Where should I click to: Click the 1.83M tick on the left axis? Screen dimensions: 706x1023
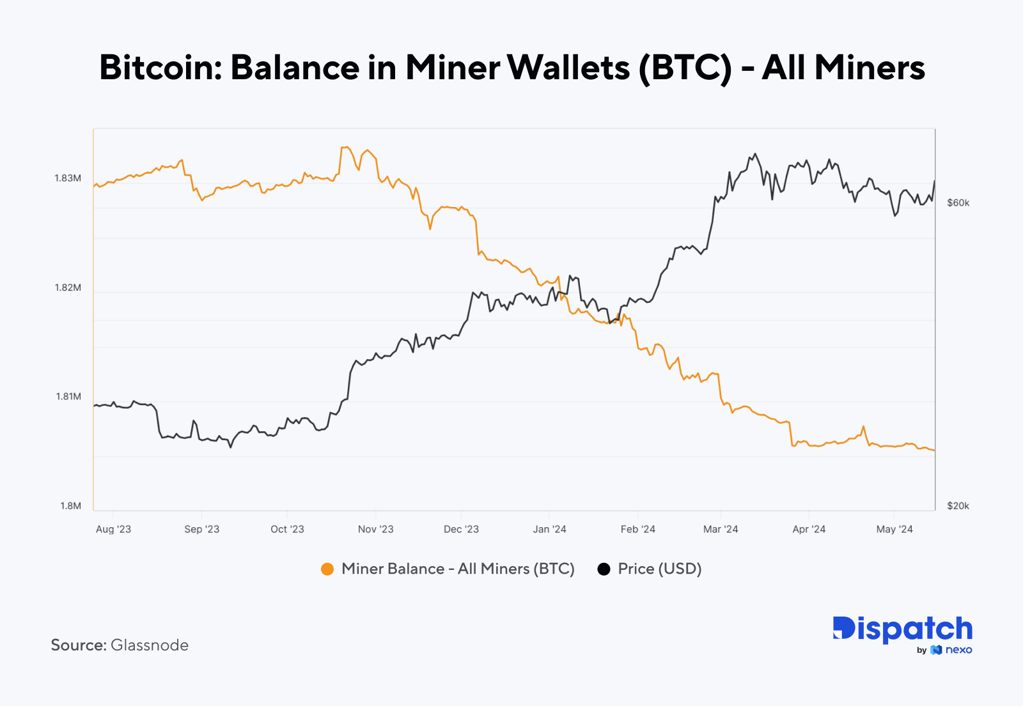68,178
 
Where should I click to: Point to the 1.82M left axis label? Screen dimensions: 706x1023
68,288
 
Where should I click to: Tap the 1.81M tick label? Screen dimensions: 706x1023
68,397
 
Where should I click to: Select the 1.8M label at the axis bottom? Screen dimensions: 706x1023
70,506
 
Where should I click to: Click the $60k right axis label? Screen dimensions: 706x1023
958,203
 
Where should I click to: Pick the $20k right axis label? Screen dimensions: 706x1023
958,506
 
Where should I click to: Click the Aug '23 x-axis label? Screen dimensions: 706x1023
113,529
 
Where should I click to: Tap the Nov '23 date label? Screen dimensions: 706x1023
375,529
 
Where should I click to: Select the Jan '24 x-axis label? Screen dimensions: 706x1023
549,529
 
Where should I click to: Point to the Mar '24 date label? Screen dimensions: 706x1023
721,529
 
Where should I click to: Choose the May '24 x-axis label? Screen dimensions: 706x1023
894,529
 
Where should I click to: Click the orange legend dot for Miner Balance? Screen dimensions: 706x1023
327,569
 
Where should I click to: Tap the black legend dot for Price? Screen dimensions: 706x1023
604,569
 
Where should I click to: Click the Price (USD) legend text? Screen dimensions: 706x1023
659,569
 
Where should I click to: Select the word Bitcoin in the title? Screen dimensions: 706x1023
160,67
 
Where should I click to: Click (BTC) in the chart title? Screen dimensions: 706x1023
685,67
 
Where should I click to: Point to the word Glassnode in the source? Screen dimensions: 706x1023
150,645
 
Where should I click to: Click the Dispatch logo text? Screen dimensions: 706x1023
902,629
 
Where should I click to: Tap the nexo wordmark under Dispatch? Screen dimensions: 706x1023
958,650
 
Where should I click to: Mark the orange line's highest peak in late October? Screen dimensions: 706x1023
345,148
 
